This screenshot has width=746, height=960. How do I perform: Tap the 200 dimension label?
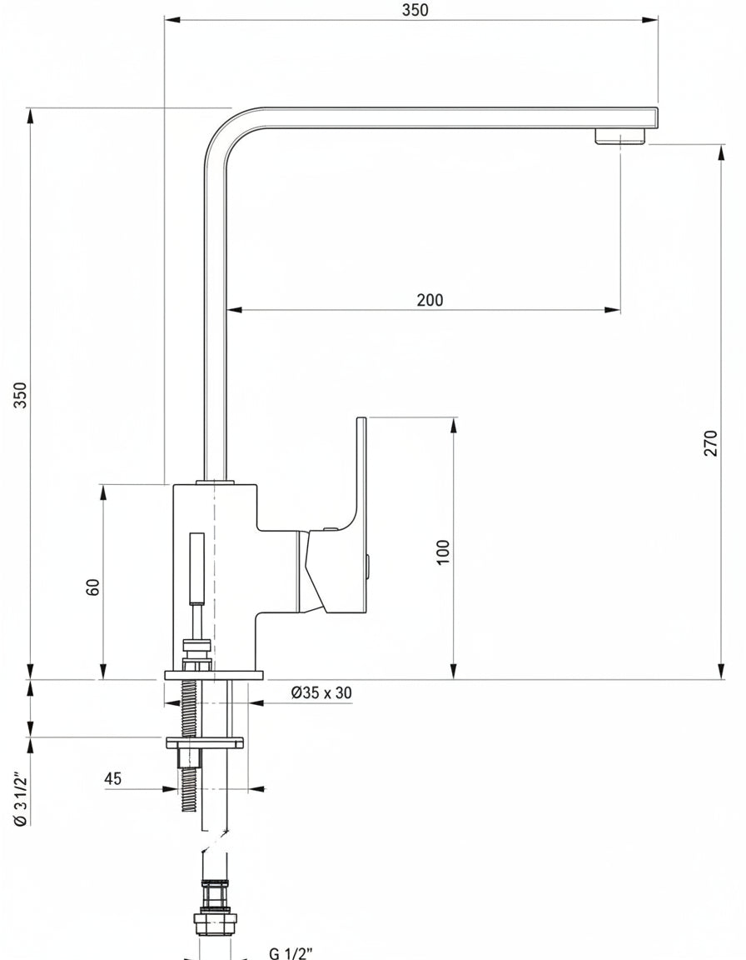point(430,300)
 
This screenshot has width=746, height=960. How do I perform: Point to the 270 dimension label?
point(710,442)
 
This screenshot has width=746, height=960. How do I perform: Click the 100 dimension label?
point(443,552)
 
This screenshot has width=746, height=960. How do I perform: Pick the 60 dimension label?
point(92,587)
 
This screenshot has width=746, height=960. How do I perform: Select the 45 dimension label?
point(113,779)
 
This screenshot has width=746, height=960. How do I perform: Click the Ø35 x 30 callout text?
point(321,692)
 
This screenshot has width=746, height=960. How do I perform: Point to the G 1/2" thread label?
point(291,952)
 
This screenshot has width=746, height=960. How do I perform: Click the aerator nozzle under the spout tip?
point(620,136)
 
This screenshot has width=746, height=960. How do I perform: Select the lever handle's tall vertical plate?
point(361,514)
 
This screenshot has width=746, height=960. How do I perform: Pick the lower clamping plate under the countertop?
point(205,742)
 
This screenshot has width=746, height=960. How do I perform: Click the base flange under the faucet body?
point(214,675)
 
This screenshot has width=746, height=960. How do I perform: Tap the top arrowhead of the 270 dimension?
point(722,153)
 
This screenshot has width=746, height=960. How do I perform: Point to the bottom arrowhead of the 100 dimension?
point(454,671)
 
